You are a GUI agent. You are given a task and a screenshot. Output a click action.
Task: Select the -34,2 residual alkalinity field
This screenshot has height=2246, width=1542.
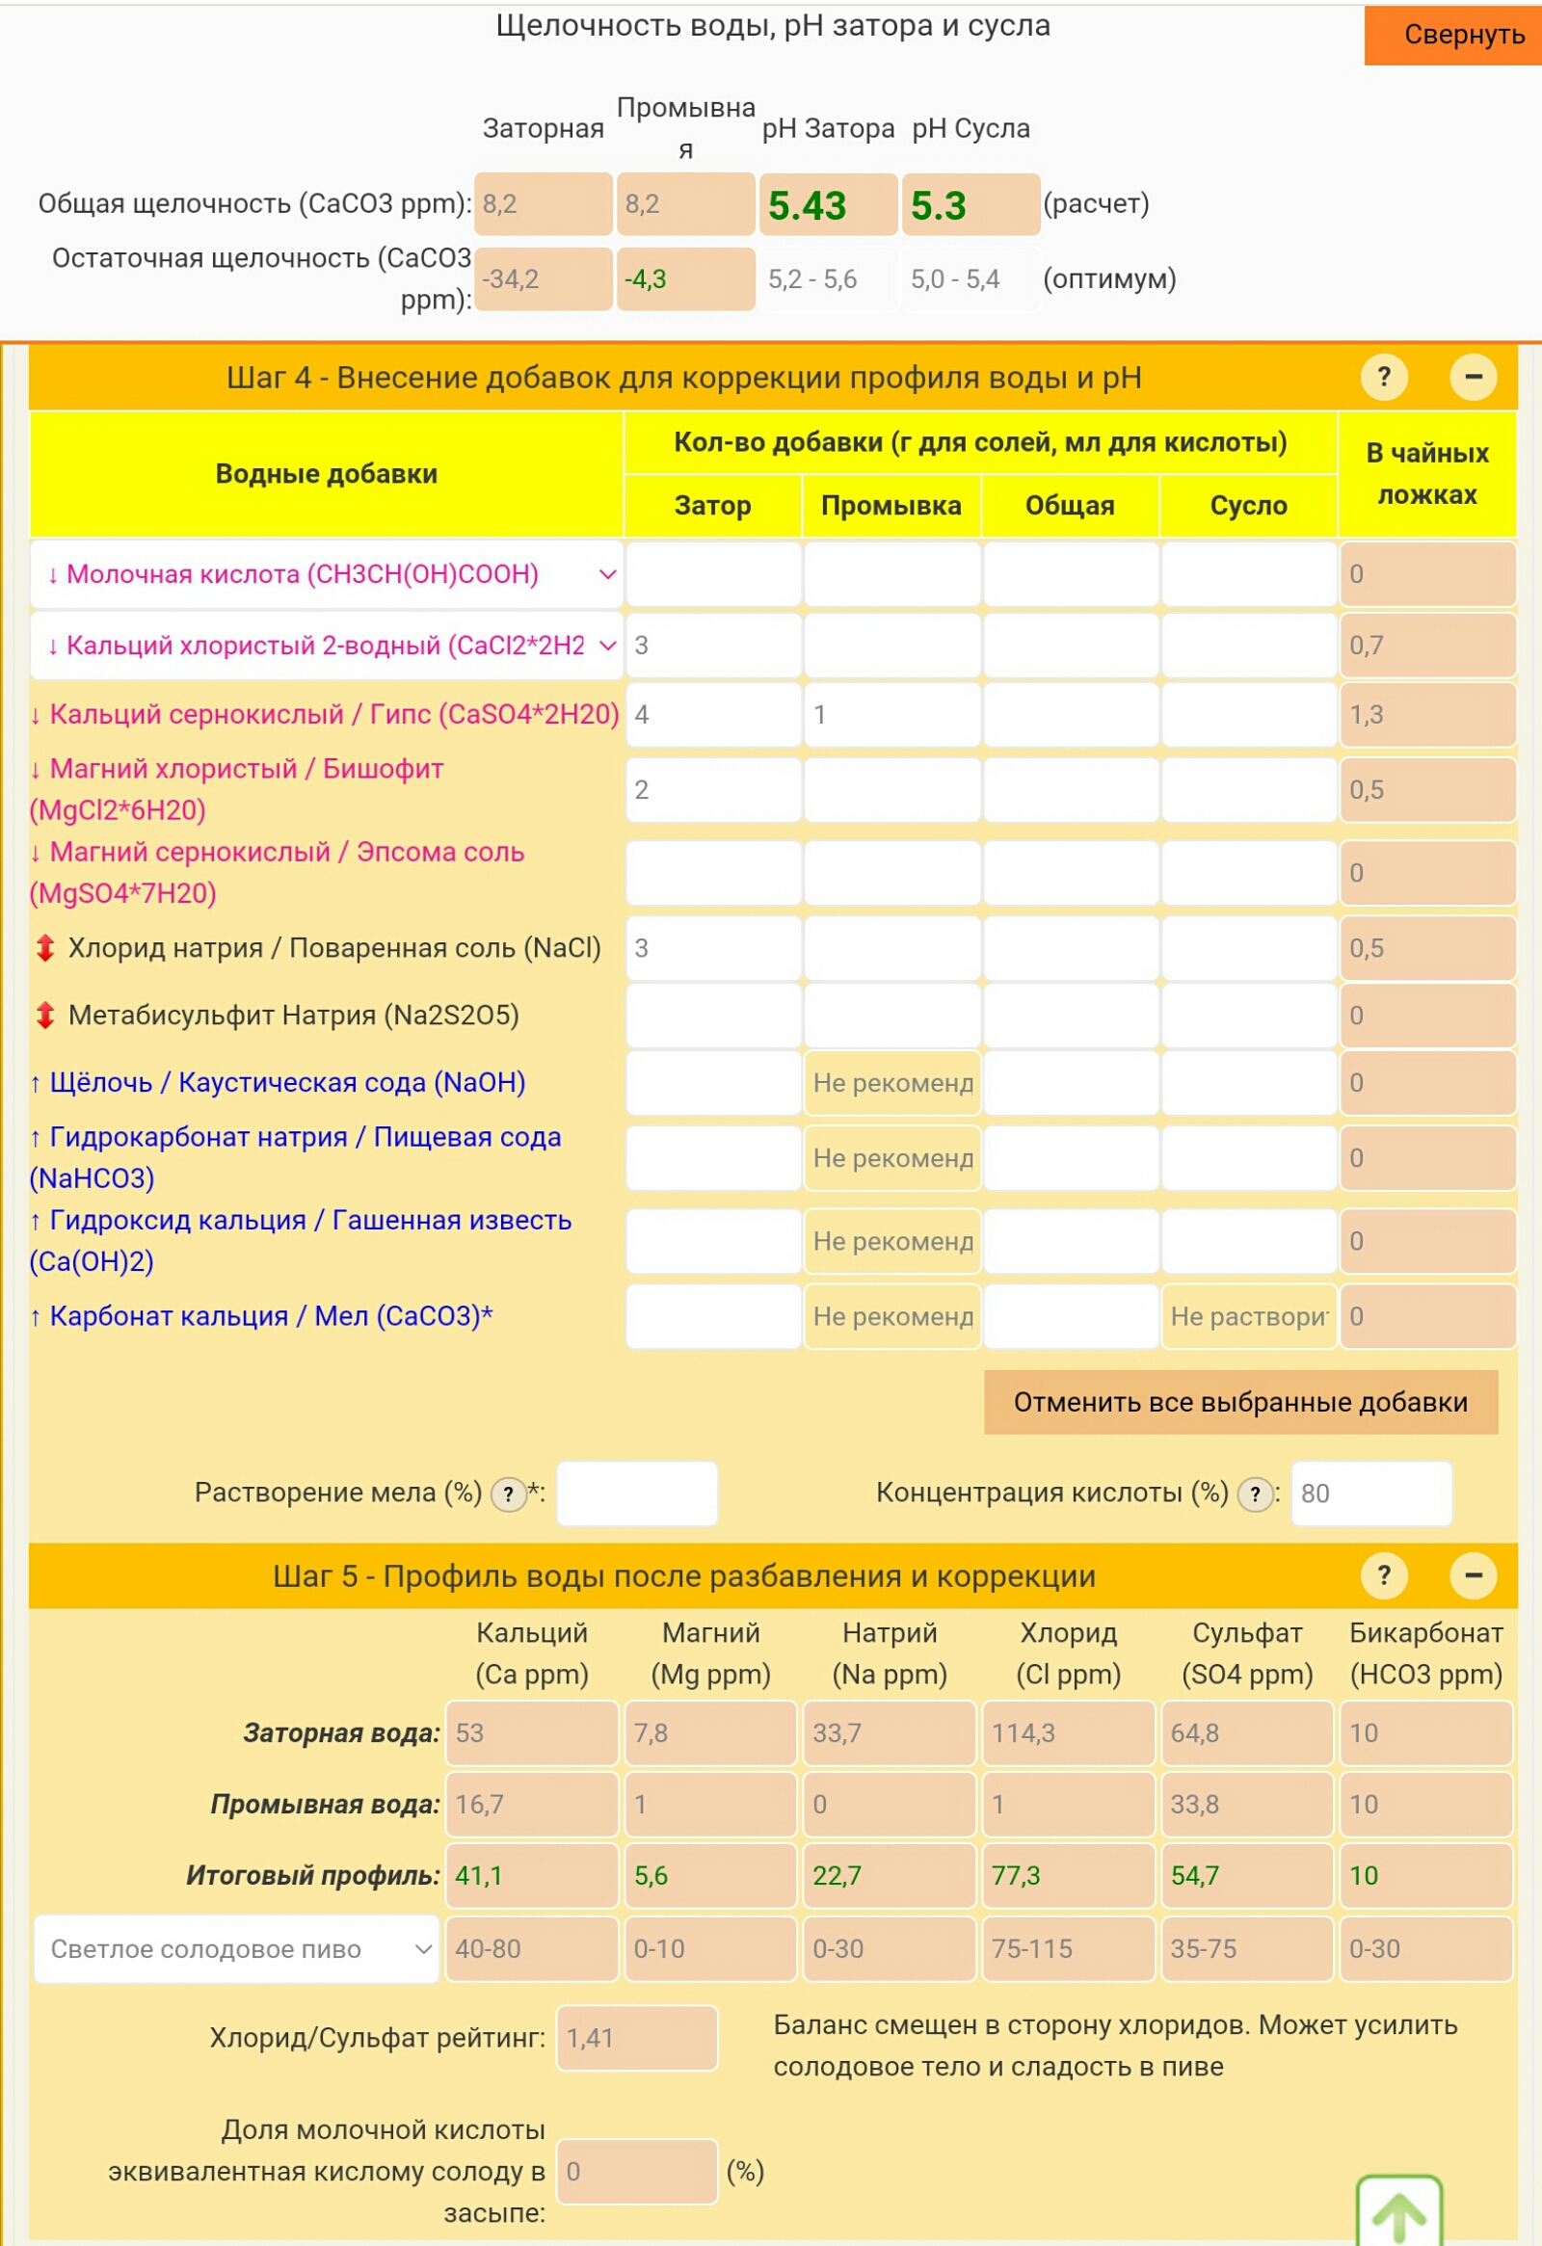click(544, 279)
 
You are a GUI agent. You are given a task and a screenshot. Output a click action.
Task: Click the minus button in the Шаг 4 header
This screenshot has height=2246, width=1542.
click(1473, 377)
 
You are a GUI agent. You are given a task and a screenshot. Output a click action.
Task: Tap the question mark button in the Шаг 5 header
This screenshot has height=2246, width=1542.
click(1383, 1575)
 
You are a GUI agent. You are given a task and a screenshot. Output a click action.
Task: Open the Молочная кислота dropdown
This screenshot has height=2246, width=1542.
click(327, 574)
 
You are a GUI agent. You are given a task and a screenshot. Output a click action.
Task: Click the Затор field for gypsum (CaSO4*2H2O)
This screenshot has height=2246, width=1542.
click(712, 715)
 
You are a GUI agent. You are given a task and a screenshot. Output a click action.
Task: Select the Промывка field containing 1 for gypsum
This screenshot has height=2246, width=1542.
click(891, 715)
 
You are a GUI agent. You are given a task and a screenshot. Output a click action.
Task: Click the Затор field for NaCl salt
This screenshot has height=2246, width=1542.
click(712, 948)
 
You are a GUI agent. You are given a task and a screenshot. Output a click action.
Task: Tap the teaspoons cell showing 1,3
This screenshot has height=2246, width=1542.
click(1426, 715)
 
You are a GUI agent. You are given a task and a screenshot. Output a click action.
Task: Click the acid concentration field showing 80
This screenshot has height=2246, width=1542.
click(1369, 1493)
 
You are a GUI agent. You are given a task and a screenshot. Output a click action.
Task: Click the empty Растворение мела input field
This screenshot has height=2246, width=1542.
click(637, 1493)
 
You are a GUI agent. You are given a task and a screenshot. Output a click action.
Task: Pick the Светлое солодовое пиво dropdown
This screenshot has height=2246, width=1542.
click(237, 1949)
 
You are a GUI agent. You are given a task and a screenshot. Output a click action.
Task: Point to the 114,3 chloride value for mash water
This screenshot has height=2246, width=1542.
click(1068, 1732)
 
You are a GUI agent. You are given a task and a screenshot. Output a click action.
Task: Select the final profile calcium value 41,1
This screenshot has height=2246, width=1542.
click(531, 1876)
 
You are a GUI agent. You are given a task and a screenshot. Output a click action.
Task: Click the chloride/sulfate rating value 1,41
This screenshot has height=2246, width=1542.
click(636, 2038)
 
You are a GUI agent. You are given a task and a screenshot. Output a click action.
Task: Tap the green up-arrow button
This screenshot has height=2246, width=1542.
click(1399, 2213)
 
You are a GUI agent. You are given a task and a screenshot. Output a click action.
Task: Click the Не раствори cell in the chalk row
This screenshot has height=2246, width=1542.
click(1248, 1316)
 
